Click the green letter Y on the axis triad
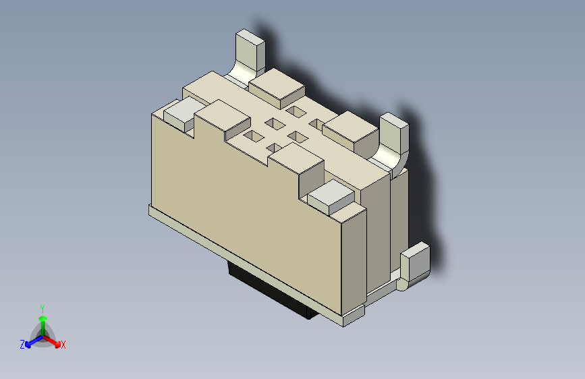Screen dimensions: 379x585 coord(43,308)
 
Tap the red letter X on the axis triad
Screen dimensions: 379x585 coord(63,345)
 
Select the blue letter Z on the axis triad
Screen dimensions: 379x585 coord(22,344)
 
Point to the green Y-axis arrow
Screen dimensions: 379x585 coord(43,321)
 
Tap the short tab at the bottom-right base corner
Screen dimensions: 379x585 coord(415,264)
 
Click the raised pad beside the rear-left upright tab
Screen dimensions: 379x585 coord(277,86)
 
